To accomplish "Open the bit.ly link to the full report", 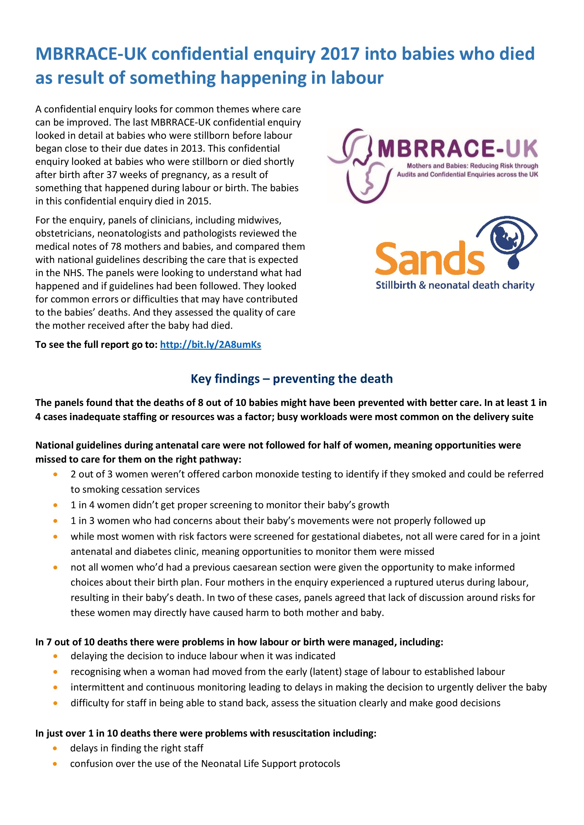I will [210, 345].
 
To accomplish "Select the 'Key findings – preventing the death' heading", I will [292, 379].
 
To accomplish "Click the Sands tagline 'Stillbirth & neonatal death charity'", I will [455, 286].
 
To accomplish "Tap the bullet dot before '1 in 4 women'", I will [55, 505].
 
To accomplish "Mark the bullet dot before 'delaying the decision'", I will [55, 656].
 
